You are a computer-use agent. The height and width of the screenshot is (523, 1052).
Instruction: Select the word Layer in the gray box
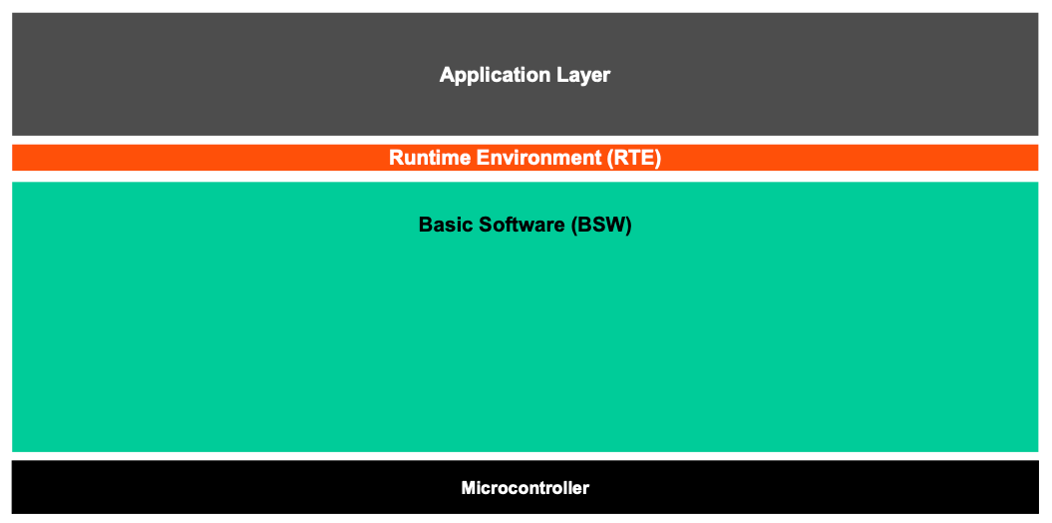pos(584,75)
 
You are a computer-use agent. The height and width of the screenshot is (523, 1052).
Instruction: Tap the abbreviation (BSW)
pos(601,225)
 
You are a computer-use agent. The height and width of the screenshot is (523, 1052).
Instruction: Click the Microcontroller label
pos(526,488)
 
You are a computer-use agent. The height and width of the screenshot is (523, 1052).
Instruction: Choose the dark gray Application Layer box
pos(526,74)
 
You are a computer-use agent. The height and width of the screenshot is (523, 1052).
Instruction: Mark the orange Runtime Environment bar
pos(526,158)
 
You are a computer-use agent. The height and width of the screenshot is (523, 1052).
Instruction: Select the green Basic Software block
pos(526,316)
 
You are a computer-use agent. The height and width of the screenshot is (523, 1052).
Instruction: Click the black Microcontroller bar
pos(526,487)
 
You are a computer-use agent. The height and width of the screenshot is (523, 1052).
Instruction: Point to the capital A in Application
pos(448,74)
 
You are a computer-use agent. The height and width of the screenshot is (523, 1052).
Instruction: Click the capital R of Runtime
pos(397,158)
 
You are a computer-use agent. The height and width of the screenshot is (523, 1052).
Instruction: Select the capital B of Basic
pos(426,225)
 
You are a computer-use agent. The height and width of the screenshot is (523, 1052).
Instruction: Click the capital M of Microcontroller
pos(469,488)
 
